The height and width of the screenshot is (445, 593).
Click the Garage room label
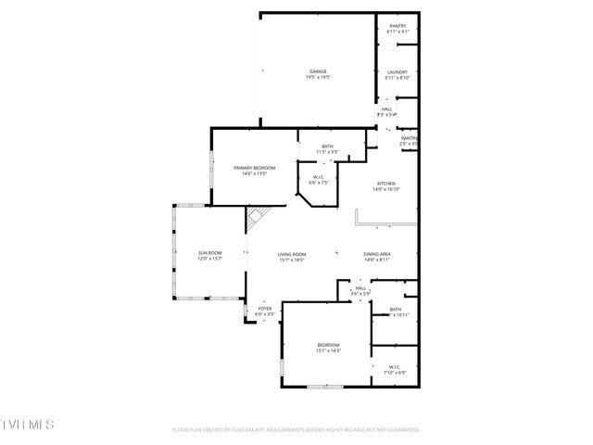coord(319,71)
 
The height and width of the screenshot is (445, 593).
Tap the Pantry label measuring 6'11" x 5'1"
coord(397,28)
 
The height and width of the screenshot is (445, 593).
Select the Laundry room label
coord(397,72)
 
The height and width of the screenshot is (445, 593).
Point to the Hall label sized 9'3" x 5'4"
coord(385,109)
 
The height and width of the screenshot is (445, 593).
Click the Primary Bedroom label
coord(255,168)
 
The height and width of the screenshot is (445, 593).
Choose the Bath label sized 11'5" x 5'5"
coord(327,146)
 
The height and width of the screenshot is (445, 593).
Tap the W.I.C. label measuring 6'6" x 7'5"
coord(318,177)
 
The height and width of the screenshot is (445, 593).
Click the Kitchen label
coord(385,184)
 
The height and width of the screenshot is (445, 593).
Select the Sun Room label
coord(209,253)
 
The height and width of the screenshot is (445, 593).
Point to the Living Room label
coord(292,255)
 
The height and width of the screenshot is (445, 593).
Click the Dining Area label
coord(377,255)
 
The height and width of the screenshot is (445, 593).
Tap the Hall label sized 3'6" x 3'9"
coord(360,289)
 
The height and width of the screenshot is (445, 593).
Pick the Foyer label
coord(265,309)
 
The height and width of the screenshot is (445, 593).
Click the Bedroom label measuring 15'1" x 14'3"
coord(329,345)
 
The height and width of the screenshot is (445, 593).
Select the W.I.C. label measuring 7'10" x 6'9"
coord(394,366)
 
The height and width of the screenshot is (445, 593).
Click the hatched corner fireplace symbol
coord(255,219)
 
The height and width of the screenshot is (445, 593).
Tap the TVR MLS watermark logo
coord(28,425)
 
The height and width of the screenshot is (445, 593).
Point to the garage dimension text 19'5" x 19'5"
coord(319,77)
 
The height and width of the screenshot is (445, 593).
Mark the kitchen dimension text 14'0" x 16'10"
coord(385,189)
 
